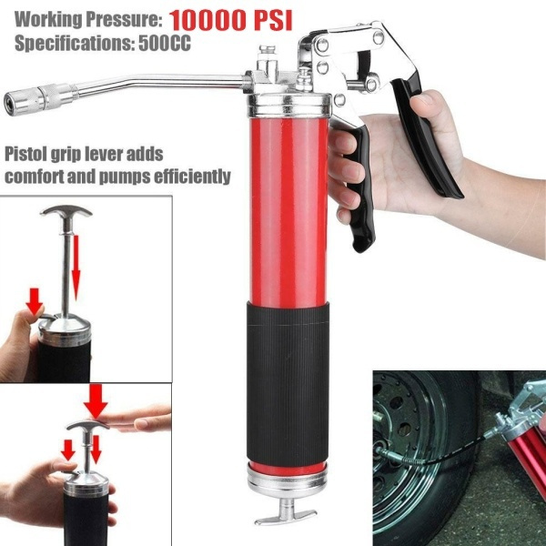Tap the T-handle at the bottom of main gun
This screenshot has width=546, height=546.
(286, 516)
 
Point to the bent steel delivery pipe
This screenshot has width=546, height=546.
(155, 87)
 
